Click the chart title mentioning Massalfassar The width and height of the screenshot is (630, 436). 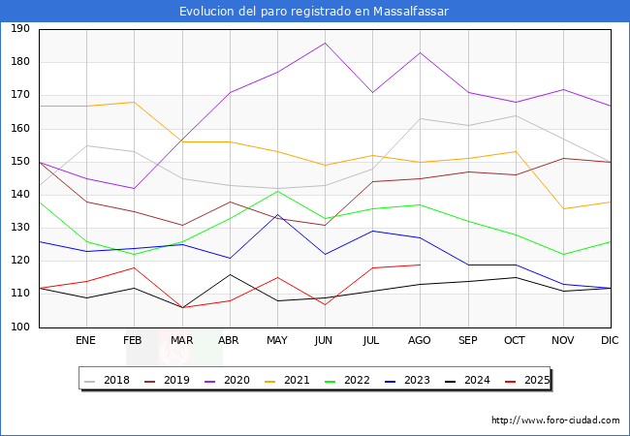[x=314, y=12]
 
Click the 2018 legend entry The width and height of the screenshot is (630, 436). [x=109, y=381]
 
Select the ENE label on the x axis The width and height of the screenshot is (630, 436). [x=85, y=341]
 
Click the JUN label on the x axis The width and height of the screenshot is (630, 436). [x=324, y=341]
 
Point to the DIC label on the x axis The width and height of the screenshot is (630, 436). [x=610, y=341]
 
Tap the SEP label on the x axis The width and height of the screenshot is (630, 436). [x=467, y=341]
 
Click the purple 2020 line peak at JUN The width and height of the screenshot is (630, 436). [x=325, y=43]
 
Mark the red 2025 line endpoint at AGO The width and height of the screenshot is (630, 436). [x=420, y=265]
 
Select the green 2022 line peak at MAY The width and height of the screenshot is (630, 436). [x=277, y=191]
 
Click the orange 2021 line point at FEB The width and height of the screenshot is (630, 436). [x=134, y=103]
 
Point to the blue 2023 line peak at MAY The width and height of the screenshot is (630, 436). [x=277, y=214]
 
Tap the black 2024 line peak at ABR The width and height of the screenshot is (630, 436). [x=229, y=274]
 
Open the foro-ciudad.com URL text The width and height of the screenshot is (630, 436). [x=555, y=420]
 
